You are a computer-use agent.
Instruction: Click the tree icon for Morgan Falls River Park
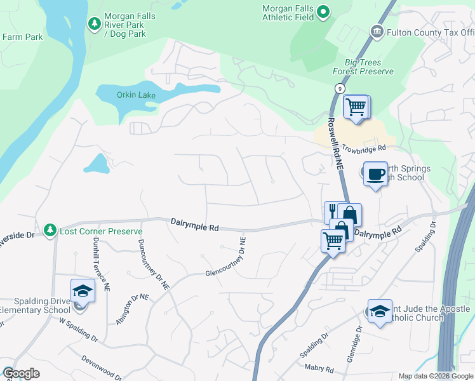[x=95, y=23]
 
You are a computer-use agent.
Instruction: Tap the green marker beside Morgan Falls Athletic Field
[x=323, y=11]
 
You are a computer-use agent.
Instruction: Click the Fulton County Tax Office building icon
[x=377, y=31]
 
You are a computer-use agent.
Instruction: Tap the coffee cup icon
[x=375, y=173]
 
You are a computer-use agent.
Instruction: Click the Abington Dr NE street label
[x=133, y=309]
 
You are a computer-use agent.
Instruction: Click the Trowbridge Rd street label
[x=364, y=148]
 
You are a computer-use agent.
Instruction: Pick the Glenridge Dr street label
[x=354, y=345]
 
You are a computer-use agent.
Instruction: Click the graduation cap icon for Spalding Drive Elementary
[x=82, y=291]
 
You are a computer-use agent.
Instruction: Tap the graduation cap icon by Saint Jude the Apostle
[x=380, y=311]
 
